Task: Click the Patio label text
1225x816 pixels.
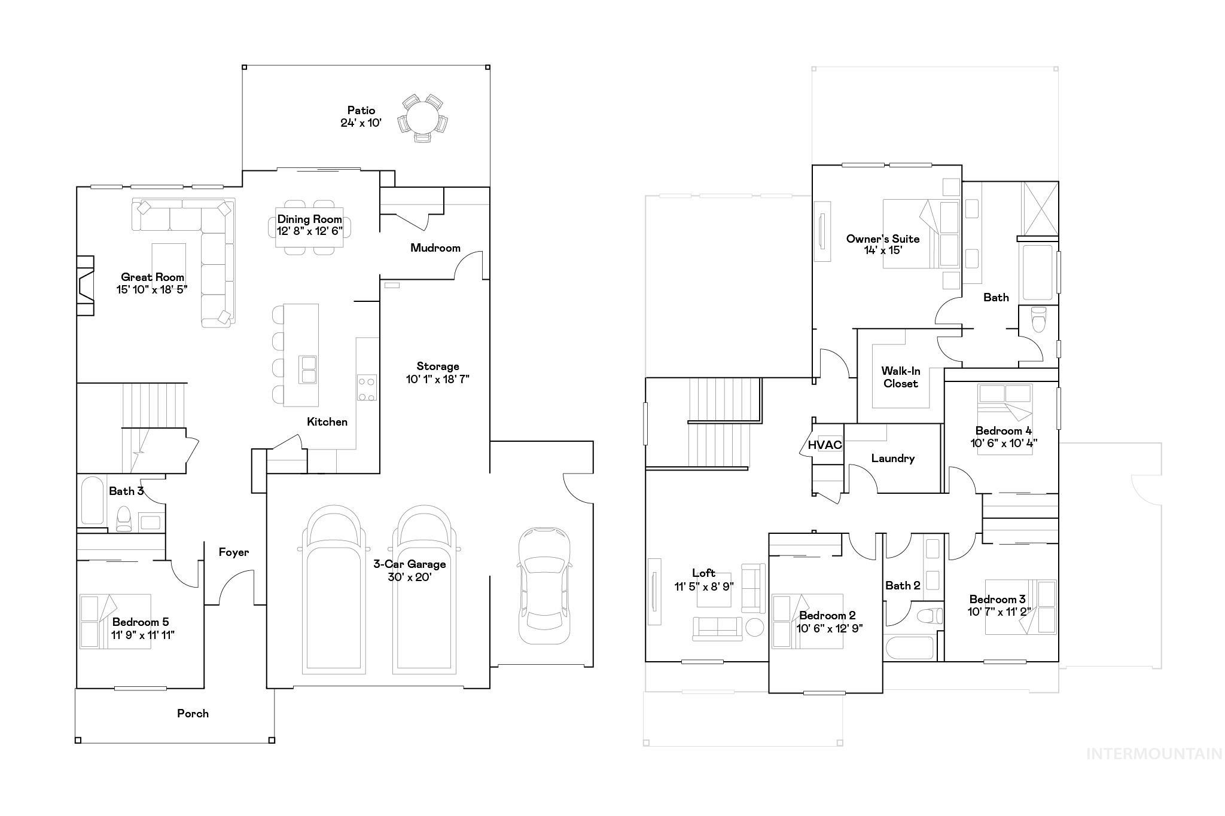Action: click(x=361, y=111)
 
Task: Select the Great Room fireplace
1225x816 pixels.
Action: click(x=86, y=286)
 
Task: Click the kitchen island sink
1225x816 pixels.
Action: click(x=309, y=369)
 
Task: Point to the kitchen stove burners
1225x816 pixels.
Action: click(x=367, y=388)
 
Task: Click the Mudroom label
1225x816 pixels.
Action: click(x=435, y=247)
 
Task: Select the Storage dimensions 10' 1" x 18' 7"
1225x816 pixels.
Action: click(x=438, y=379)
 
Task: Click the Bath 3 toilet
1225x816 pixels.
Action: click(x=124, y=518)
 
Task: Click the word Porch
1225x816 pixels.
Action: click(x=193, y=713)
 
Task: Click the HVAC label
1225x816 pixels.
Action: click(x=825, y=445)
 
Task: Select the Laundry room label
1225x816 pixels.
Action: click(x=892, y=459)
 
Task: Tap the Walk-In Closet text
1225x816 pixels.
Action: click(x=900, y=377)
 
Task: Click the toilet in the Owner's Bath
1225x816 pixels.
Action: click(x=1040, y=319)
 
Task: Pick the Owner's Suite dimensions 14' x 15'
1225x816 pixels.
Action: click(x=882, y=250)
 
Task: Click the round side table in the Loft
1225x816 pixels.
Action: click(x=754, y=628)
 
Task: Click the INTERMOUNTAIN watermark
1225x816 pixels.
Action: click(x=1154, y=754)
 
